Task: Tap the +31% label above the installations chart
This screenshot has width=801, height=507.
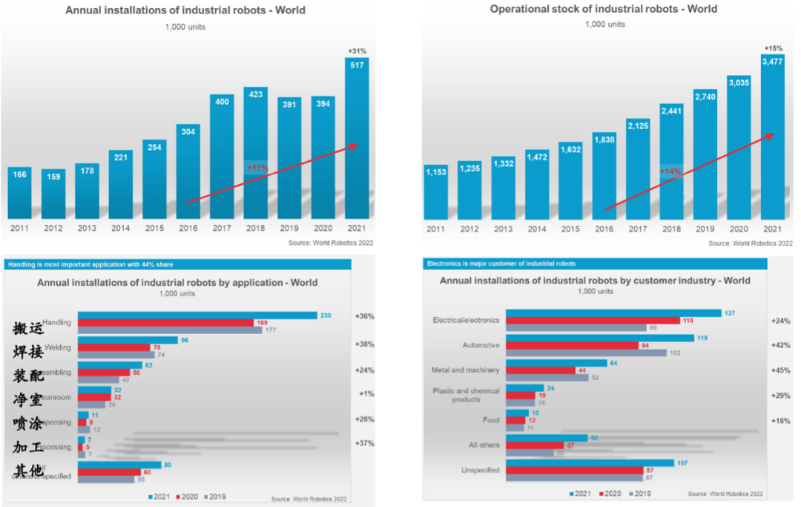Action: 357,50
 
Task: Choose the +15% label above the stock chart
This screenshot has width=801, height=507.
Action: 773,49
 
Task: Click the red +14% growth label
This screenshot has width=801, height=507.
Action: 670,171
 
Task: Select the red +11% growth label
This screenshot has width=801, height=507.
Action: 256,169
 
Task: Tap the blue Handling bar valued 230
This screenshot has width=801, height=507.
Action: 197,315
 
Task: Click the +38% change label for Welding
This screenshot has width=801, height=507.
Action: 364,344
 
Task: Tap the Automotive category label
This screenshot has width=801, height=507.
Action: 481,345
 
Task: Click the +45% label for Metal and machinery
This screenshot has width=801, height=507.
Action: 780,371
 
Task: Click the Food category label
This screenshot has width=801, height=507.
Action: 491,420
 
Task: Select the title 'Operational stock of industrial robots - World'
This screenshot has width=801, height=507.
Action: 604,9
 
